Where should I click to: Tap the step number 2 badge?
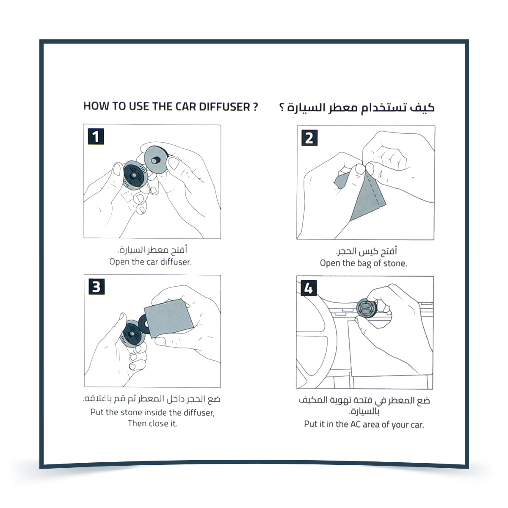click(x=309, y=138)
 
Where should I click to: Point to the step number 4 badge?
click(x=308, y=288)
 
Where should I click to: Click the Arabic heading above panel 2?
click(x=356, y=107)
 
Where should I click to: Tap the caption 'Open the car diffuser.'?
click(x=150, y=262)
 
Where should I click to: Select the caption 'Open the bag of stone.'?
click(x=363, y=263)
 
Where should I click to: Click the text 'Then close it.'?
click(x=152, y=423)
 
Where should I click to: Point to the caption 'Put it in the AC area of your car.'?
click(x=364, y=424)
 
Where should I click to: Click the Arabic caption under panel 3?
click(x=152, y=399)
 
